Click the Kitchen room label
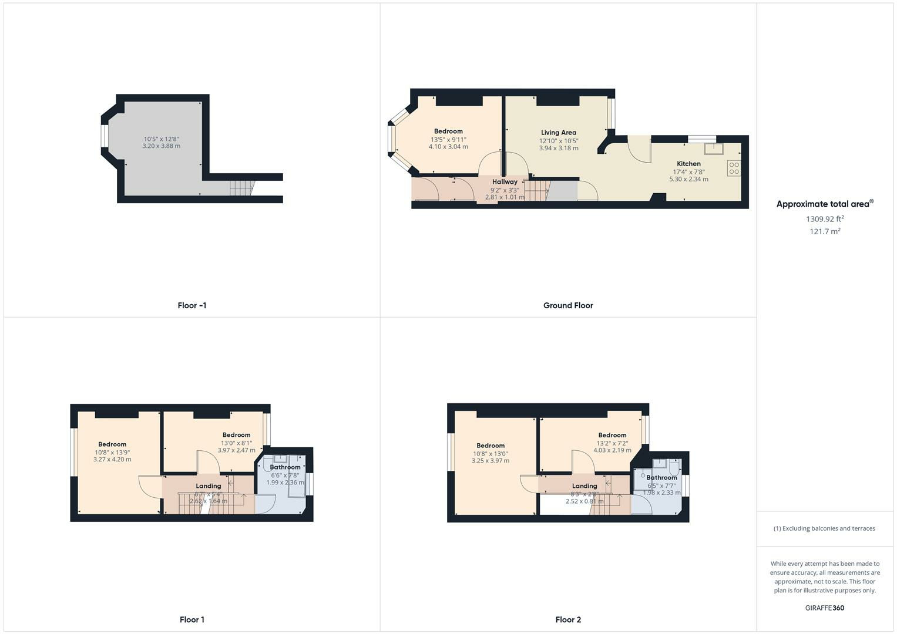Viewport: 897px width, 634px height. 688,164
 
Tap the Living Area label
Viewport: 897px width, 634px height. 558,133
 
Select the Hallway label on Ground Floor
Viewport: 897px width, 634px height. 505,182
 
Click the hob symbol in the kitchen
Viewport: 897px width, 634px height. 734,168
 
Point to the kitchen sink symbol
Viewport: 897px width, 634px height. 714,147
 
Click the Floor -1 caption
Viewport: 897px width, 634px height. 192,305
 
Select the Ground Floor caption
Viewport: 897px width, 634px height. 568,305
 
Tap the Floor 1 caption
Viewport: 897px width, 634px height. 192,619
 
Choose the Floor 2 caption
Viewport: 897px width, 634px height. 568,619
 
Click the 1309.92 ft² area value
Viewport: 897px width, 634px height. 825,219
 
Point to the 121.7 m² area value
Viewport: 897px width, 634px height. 825,231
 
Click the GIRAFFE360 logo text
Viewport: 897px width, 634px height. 824,608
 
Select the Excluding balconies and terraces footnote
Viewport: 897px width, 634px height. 824,528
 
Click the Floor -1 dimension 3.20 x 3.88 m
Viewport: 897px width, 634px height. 161,146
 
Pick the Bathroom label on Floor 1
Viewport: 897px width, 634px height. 285,467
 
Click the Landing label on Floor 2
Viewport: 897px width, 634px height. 584,486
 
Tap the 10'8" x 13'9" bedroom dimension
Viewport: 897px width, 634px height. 112,452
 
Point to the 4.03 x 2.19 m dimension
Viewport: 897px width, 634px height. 612,450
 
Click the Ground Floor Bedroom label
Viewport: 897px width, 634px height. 448,131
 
